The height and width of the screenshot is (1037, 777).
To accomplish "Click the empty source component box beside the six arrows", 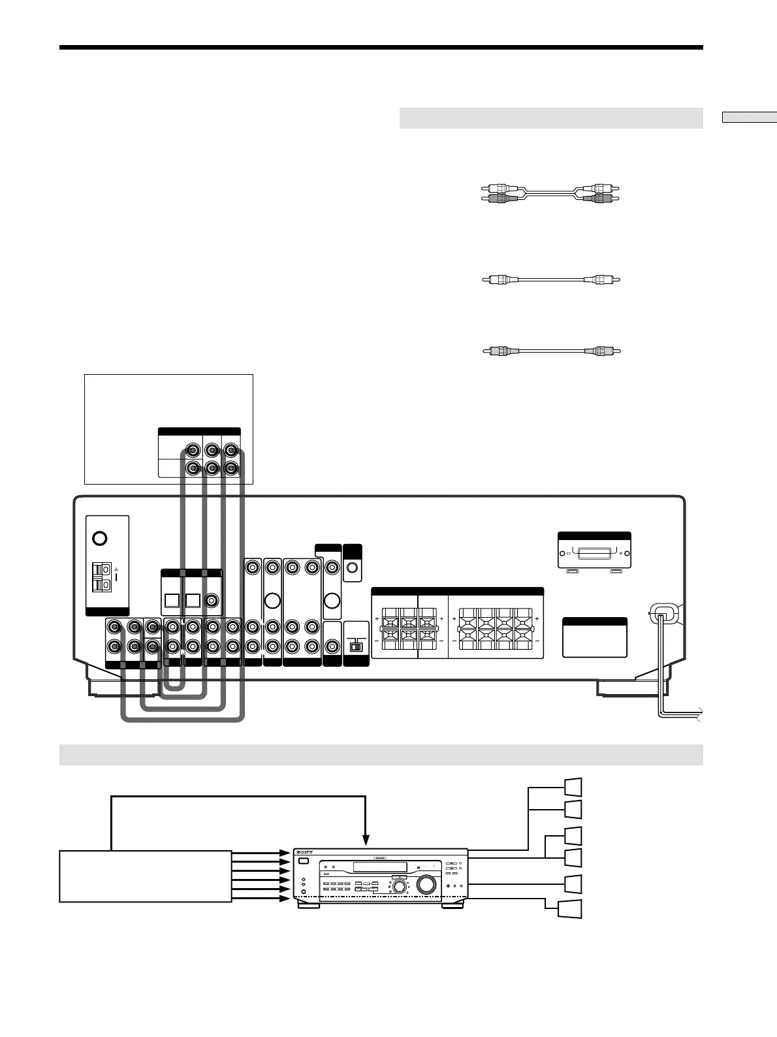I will pyautogui.click(x=145, y=876).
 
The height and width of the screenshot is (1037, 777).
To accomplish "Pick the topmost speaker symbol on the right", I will pyautogui.click(x=572, y=787).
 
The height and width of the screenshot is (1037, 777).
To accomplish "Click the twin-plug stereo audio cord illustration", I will pyautogui.click(x=548, y=193).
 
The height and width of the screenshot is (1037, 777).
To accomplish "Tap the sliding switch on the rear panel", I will pyautogui.click(x=356, y=645).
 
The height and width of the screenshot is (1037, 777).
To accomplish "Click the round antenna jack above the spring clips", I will pyautogui.click(x=99, y=539).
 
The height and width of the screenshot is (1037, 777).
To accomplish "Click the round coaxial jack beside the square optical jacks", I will pyautogui.click(x=212, y=600).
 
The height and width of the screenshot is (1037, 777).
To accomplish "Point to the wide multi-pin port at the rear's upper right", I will pyautogui.click(x=594, y=554).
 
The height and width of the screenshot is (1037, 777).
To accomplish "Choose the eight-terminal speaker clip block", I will pyautogui.click(x=496, y=628).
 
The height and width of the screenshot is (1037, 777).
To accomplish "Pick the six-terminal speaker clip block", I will pyautogui.click(x=409, y=628).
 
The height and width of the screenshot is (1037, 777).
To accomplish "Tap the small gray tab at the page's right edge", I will pyautogui.click(x=750, y=118).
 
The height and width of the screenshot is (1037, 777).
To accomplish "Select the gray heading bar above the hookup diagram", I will pyautogui.click(x=381, y=754).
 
